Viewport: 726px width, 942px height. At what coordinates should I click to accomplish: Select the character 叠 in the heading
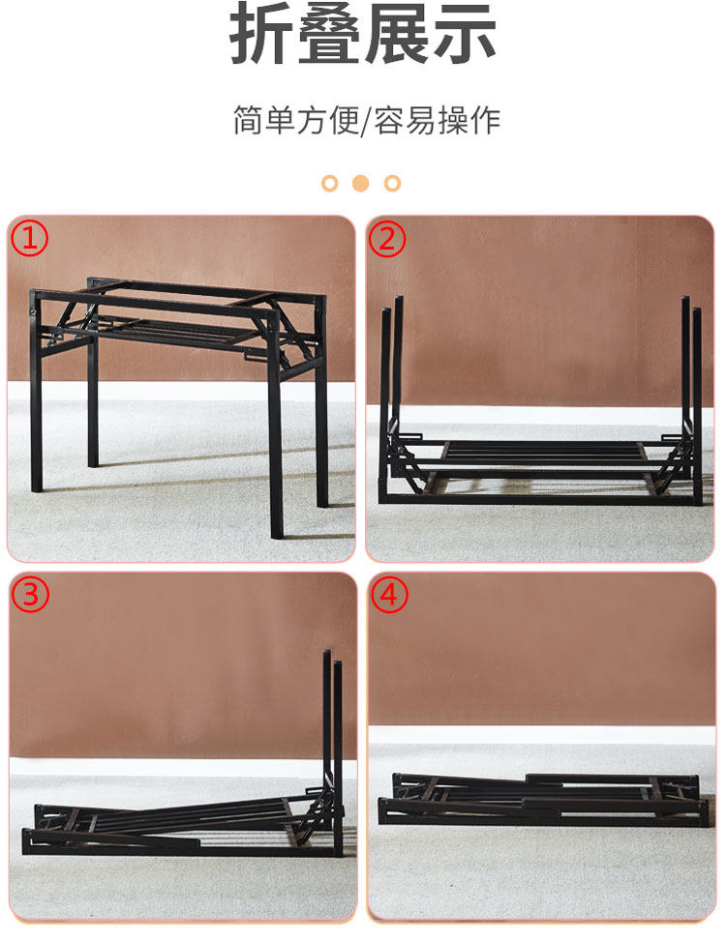coord(330,33)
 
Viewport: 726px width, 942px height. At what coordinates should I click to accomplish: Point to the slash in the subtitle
coord(366,121)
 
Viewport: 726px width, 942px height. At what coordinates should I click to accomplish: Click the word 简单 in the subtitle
coord(264,120)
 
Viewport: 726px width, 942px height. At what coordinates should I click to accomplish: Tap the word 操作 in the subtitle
coord(469,120)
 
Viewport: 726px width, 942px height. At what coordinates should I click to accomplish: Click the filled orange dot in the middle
coord(360,183)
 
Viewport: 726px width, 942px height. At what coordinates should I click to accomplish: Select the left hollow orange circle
coord(330,183)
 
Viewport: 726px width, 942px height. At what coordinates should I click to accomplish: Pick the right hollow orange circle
coord(392,183)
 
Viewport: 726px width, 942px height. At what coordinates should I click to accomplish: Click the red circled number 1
coord(29,238)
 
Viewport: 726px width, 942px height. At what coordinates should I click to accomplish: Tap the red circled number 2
coord(387,239)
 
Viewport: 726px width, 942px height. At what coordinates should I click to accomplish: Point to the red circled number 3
coord(30,594)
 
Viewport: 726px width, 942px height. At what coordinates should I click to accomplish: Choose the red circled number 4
coord(389,595)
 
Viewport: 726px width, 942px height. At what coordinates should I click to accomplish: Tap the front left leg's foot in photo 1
coord(37,486)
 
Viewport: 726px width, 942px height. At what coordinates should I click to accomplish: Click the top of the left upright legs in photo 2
coord(392,303)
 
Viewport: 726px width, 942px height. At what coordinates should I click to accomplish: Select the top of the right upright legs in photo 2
coord(691,303)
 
